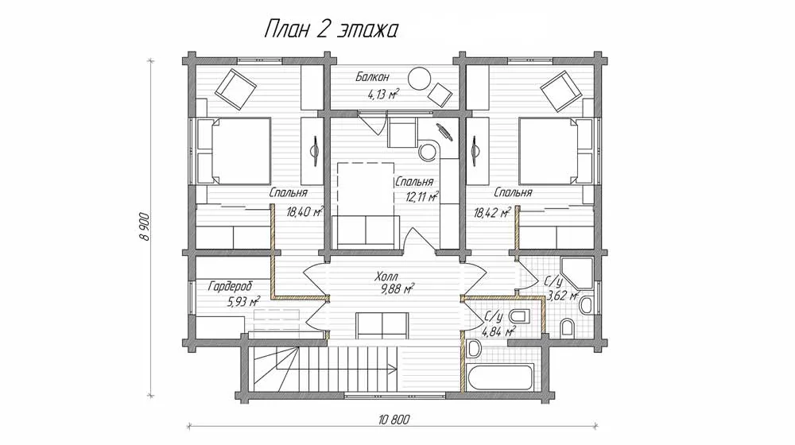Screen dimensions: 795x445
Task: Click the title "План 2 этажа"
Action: (331, 30)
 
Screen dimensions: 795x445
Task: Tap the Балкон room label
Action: (372, 77)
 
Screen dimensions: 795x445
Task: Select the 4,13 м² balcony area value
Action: (382, 94)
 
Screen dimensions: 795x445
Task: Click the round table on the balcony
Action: (421, 79)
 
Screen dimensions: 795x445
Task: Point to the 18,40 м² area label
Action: (304, 212)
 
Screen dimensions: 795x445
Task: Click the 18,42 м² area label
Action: (492, 213)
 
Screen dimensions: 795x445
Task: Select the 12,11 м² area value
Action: (422, 197)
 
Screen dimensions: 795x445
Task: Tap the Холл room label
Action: (386, 277)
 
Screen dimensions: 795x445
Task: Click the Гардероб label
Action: (231, 286)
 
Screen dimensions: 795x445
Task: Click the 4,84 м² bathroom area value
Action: (499, 332)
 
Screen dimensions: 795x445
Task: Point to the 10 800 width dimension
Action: (394, 419)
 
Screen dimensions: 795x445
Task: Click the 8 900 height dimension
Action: (145, 226)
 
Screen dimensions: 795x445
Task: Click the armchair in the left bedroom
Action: (235, 89)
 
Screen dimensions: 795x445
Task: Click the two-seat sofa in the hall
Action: (382, 325)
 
